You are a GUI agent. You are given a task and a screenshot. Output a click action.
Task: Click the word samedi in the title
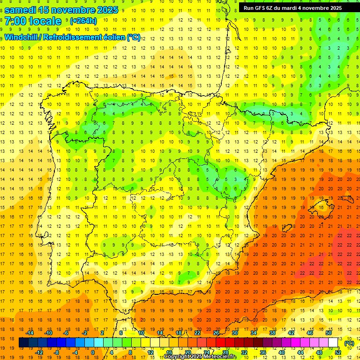(x=22, y=10)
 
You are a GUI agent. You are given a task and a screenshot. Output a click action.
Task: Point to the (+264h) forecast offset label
(x=83, y=21)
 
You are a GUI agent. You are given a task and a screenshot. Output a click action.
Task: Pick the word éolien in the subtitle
(x=114, y=37)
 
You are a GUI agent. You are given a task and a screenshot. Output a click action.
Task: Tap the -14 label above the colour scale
(x=30, y=333)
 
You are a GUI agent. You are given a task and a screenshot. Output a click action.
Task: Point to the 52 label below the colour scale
(x=338, y=352)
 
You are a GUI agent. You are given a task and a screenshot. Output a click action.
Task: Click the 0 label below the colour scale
(x=93, y=352)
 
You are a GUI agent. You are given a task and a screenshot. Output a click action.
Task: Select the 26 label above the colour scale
(x=216, y=333)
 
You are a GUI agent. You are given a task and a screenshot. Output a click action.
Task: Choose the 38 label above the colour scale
(x=272, y=333)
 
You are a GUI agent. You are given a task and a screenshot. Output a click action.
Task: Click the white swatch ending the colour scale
(x=333, y=343)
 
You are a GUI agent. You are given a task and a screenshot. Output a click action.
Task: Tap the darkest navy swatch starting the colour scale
(x=23, y=343)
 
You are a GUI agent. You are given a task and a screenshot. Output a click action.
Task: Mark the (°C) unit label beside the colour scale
(x=349, y=343)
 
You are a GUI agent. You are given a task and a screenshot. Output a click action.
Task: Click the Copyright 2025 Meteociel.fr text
(x=200, y=357)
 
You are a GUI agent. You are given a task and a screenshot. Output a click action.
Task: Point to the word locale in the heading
(x=45, y=21)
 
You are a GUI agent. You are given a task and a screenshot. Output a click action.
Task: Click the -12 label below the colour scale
(x=39, y=352)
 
